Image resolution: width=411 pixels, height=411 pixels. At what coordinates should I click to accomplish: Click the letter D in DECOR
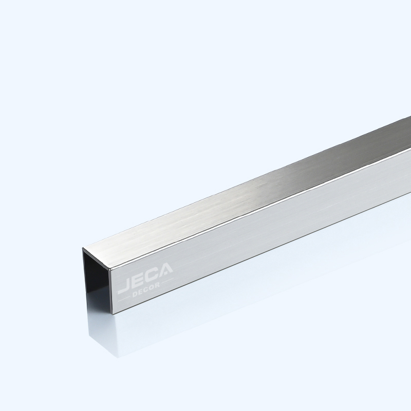pos(136,294)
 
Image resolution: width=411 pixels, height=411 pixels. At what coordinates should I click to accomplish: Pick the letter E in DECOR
pos(142,291)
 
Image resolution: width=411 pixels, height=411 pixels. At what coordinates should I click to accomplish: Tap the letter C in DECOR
pos(147,289)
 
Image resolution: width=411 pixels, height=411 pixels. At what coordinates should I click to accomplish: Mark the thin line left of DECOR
pos(124,298)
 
